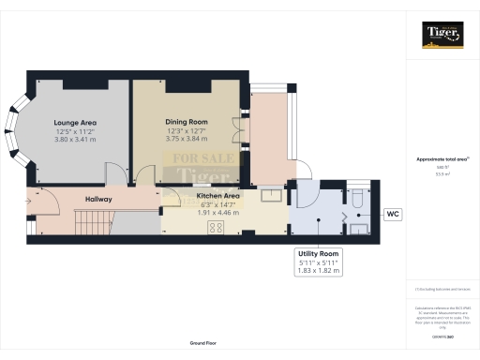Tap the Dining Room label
(186, 122)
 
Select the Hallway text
(98, 200)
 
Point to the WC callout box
(395, 215)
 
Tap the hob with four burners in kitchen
(215, 227)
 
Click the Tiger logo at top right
(442, 36)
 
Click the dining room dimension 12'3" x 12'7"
(186, 130)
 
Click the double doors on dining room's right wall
(244, 127)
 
